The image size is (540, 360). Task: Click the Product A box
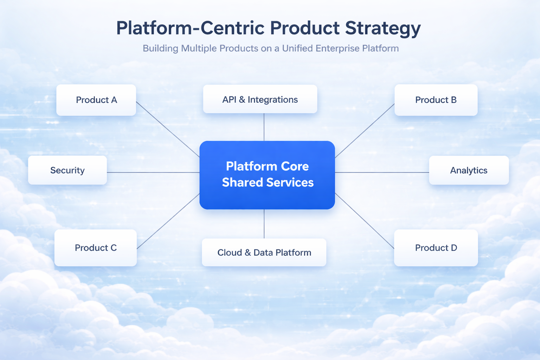[x=96, y=100]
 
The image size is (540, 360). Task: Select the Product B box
[x=436, y=100]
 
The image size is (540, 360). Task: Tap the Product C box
[x=96, y=248]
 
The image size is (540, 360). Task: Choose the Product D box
[x=436, y=248]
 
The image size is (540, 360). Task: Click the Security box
[x=67, y=171]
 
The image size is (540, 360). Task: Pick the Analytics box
[x=469, y=171]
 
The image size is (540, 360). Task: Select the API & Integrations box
[x=260, y=99]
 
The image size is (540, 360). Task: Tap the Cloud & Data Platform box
[x=264, y=252]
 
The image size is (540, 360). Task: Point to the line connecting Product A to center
[x=168, y=129]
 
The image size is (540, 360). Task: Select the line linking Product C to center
[x=168, y=221]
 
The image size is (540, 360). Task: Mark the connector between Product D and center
[x=365, y=221]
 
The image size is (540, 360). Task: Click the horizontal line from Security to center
[x=153, y=173]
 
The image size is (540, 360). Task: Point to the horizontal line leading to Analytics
[x=382, y=173]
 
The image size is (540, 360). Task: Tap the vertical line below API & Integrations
[x=264, y=127]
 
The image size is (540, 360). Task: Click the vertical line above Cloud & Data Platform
[x=264, y=224]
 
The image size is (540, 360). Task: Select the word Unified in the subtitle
[x=297, y=49]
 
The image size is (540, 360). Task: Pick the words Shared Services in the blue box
[x=268, y=182]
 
